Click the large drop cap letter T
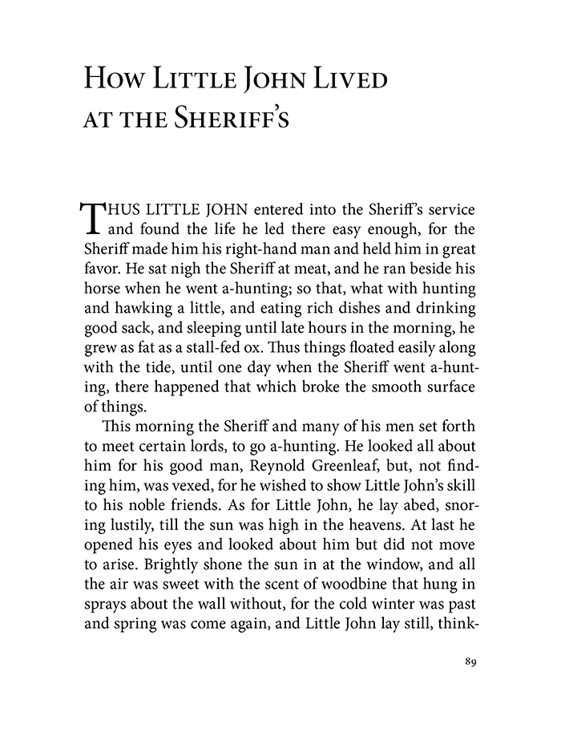point(93,217)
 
